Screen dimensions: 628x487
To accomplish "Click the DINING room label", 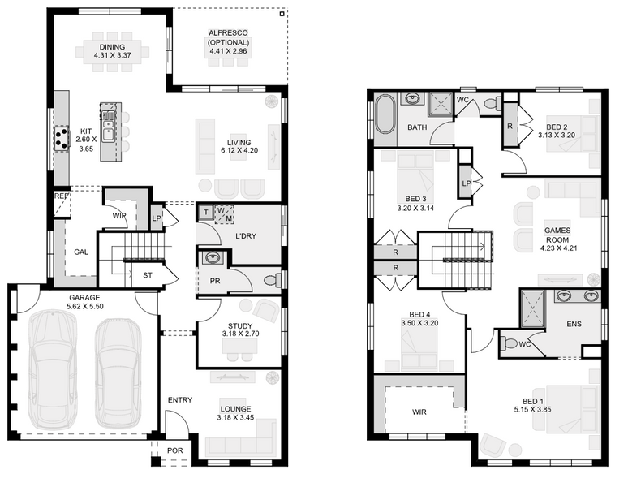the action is [112, 47].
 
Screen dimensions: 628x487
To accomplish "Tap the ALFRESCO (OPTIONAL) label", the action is [228, 37].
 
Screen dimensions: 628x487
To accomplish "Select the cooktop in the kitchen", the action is [62, 138].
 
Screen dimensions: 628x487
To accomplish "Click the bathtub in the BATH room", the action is [385, 114].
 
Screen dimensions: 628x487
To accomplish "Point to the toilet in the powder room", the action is [274, 279].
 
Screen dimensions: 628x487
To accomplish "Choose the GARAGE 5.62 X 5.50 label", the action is [84, 301].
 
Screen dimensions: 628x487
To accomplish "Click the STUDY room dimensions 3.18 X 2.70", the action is [240, 334].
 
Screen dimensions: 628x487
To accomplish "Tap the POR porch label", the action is [174, 450].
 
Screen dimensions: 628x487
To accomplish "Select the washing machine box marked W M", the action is [224, 214].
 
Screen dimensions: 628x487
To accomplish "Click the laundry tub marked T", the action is [206, 213].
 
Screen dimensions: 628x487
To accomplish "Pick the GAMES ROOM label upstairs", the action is [557, 235].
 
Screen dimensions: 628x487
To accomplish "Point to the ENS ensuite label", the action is [574, 324].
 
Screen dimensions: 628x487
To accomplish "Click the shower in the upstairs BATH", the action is [440, 104].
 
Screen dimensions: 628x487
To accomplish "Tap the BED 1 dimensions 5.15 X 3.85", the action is [533, 410].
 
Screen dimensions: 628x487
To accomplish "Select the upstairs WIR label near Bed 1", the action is [419, 412].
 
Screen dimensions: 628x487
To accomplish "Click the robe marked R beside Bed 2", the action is [510, 126].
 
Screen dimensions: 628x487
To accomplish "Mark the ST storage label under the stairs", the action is [148, 275].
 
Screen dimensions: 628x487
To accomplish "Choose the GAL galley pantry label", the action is [81, 252].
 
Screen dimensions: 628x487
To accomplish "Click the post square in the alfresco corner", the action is [282, 14].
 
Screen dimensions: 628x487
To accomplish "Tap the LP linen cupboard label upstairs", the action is [467, 183].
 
